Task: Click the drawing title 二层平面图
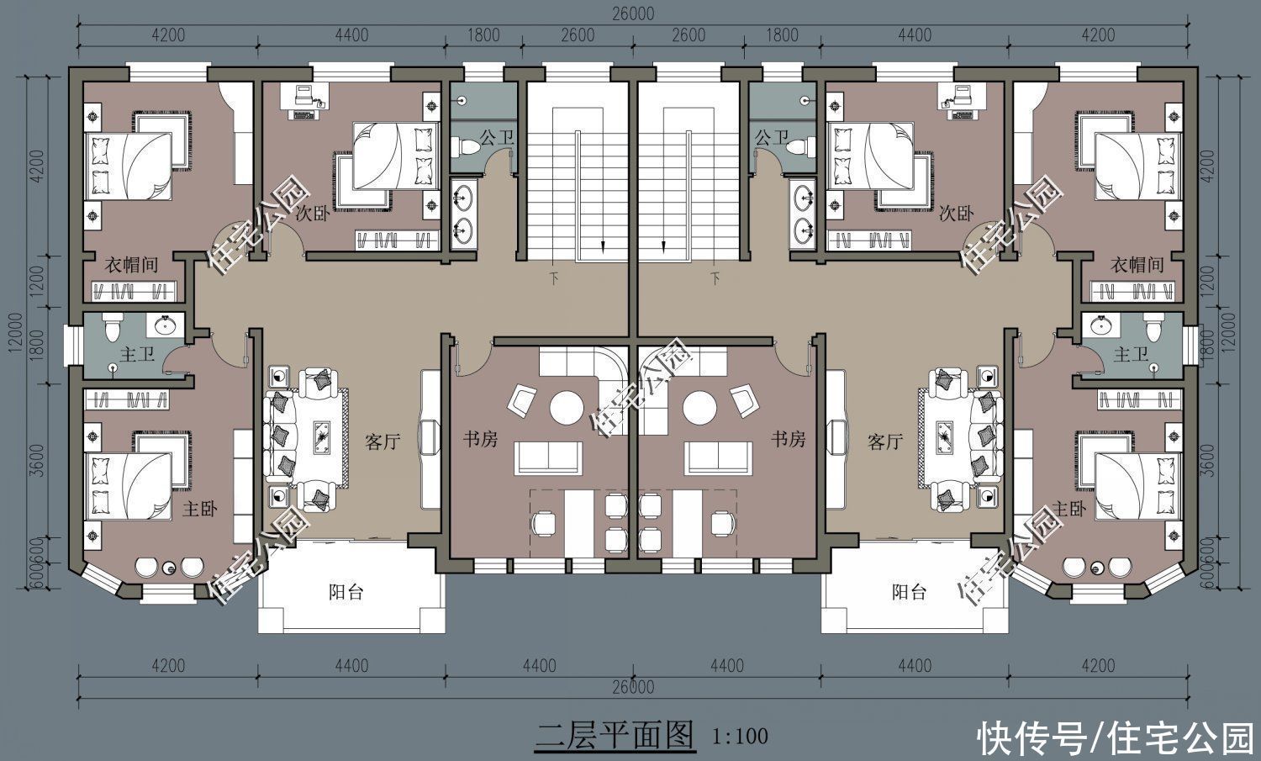pyautogui.click(x=615, y=735)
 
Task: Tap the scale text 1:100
pyautogui.click(x=740, y=737)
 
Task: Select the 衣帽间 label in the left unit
pyautogui.click(x=131, y=265)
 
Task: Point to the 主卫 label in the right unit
pyautogui.click(x=1131, y=355)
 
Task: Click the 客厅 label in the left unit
pyautogui.click(x=383, y=441)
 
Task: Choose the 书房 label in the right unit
pyautogui.click(x=789, y=439)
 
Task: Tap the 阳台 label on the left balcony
pyautogui.click(x=346, y=592)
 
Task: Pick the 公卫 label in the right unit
pyautogui.click(x=771, y=136)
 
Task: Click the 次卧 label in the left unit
pyautogui.click(x=312, y=214)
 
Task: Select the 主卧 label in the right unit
pyautogui.click(x=1070, y=510)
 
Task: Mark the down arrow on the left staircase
pyautogui.click(x=603, y=245)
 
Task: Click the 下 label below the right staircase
pyautogui.click(x=715, y=277)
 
